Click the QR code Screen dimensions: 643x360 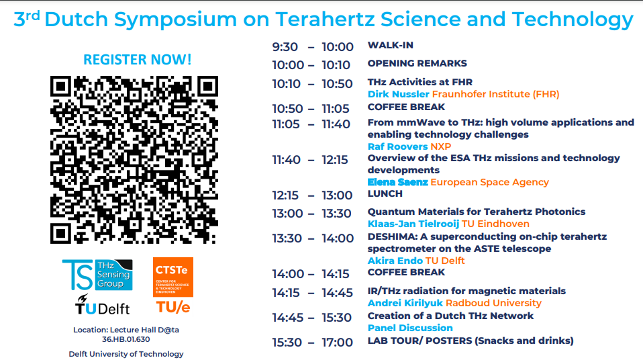(134, 160)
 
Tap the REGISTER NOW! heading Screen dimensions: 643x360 (138, 60)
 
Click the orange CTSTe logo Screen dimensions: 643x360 (173, 277)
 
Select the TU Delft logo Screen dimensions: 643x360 (102, 304)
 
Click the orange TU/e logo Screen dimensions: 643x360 (173, 307)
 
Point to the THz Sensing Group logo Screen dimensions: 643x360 (97, 275)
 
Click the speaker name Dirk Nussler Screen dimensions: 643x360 (398, 94)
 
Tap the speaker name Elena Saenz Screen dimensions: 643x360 (398, 182)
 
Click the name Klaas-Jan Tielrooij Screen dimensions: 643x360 (413, 224)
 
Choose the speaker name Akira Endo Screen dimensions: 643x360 (395, 261)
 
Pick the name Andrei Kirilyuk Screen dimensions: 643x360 (405, 303)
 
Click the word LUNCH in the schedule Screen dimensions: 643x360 (385, 193)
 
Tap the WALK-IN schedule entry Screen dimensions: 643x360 (391, 46)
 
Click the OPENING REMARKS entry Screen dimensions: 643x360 (417, 63)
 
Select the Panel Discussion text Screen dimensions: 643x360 (410, 328)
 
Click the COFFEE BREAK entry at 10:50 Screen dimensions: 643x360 (406, 107)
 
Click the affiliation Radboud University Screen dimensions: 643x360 (494, 303)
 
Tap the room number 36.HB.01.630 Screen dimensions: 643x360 (126, 339)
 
